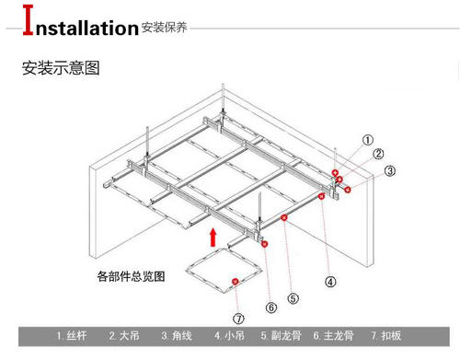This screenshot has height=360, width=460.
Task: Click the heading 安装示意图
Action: click(x=59, y=68)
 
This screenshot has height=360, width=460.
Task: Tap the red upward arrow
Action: click(x=213, y=238)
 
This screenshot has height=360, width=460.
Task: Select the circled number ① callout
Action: click(x=368, y=141)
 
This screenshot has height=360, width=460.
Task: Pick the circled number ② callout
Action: click(x=378, y=154)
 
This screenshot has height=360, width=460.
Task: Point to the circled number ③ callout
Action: click(x=390, y=170)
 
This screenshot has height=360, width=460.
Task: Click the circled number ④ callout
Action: click(x=330, y=282)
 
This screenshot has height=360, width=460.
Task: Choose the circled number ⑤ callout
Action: click(x=293, y=296)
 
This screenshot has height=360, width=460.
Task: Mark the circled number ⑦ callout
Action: click(x=239, y=319)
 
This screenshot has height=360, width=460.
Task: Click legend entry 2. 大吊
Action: click(x=126, y=336)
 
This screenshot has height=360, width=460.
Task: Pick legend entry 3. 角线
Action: click(x=178, y=336)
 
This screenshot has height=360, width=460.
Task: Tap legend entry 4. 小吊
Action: click(x=231, y=336)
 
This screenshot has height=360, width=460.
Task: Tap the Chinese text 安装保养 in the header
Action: click(x=165, y=28)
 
